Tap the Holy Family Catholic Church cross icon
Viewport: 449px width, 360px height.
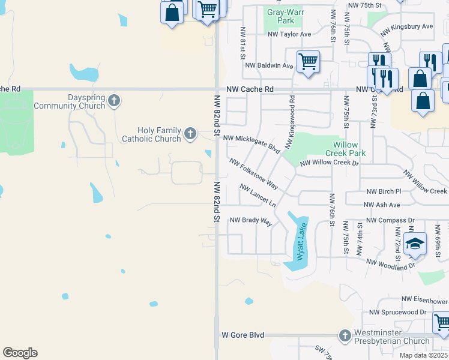click(190, 133)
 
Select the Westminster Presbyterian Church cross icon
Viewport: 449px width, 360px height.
click(345, 335)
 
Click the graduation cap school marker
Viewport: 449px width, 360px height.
click(414, 243)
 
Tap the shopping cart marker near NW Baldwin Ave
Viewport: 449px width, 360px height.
click(308, 61)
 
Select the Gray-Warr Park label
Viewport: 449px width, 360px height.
click(281, 16)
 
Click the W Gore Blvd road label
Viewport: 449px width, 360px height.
click(243, 335)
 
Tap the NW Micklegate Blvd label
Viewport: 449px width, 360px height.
click(252, 141)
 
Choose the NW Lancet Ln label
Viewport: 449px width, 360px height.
click(258, 196)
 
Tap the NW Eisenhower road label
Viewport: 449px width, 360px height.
click(424, 299)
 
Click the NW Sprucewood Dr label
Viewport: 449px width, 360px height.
click(397, 312)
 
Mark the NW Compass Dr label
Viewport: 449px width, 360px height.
click(390, 220)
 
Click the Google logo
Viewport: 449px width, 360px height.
click(20, 353)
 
